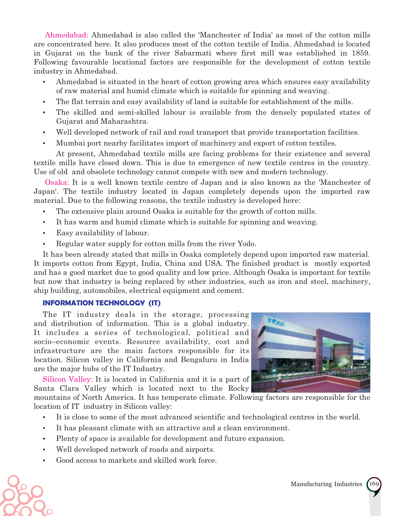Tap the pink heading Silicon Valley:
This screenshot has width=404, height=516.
coord(68,379)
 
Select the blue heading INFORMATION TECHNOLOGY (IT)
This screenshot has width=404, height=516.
coord(102,303)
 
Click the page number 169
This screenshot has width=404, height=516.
coord(374,484)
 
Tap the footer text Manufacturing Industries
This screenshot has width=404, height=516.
coord(326,484)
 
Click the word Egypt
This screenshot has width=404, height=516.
coord(127,263)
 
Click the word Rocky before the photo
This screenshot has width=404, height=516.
coord(238,388)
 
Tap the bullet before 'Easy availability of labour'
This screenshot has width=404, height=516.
coord(45,233)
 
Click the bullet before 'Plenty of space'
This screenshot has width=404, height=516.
coord(45,439)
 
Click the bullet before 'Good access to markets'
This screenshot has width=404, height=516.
coord(45,461)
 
